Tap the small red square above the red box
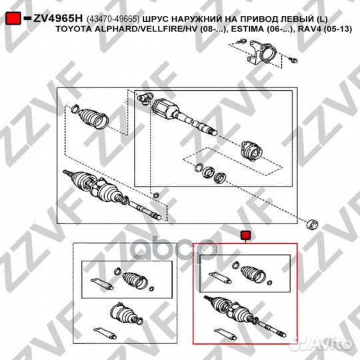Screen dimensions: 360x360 point(245,235)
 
